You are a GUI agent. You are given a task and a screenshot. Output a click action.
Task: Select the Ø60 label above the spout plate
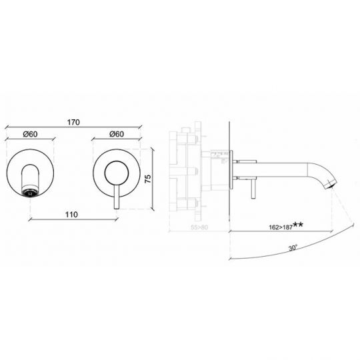coord(30,134)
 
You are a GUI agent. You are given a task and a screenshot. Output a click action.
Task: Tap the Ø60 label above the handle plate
coord(116,134)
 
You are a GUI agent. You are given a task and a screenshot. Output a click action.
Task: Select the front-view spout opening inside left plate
coord(31,179)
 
